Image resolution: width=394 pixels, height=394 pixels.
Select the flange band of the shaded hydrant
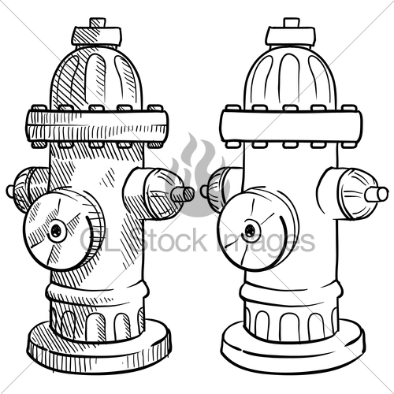click(96, 125)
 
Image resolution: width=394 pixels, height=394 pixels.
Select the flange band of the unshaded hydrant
click(291, 125)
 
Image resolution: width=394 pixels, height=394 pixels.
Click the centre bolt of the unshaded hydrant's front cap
click(251, 231)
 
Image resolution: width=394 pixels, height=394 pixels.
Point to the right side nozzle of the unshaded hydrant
click(359, 193)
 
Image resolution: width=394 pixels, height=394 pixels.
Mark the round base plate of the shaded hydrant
click(98, 347)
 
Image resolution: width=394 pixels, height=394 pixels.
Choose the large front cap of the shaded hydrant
click(61, 229)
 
